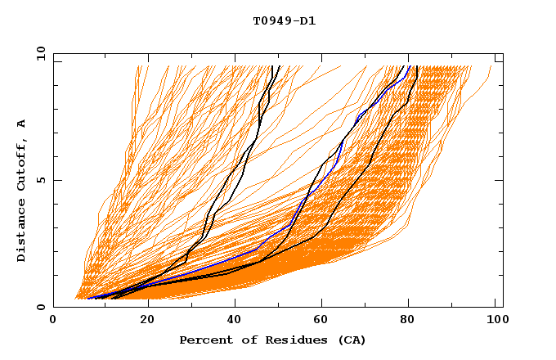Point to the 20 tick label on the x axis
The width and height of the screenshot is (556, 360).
click(x=142, y=321)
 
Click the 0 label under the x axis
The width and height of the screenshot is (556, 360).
click(x=54, y=321)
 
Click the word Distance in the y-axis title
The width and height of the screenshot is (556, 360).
click(x=21, y=234)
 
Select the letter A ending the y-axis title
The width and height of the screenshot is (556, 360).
click(x=21, y=124)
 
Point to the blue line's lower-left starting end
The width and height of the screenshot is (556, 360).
click(x=88, y=299)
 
